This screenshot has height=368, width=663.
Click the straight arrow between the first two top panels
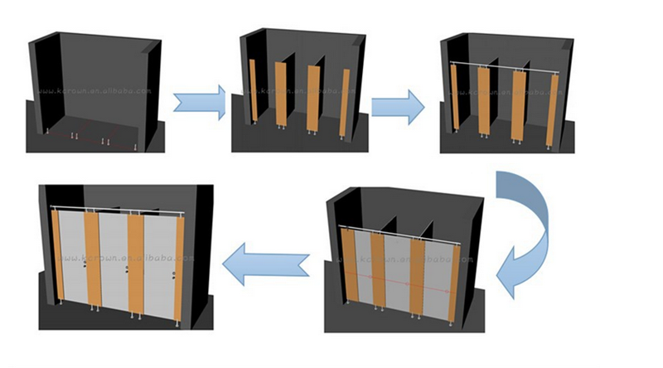(x=200, y=102)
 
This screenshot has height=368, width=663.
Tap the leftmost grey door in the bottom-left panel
(x=73, y=257)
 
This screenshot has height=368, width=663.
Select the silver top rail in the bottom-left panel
(x=116, y=207)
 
